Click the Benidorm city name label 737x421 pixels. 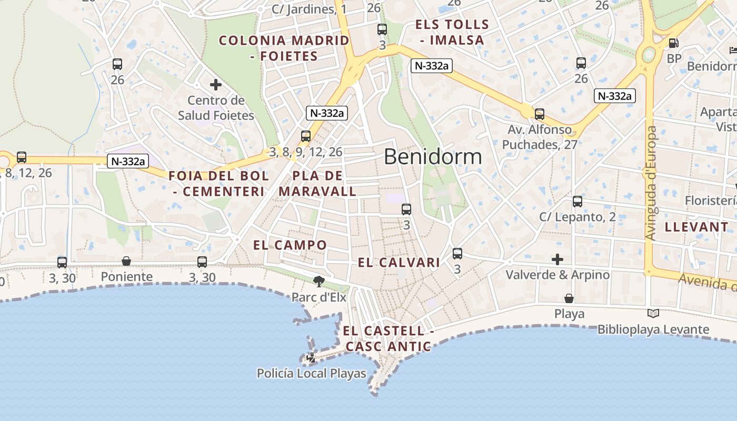pos(433,157)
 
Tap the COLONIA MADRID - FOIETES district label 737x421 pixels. pos(284,48)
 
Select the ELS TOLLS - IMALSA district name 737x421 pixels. pos(452,32)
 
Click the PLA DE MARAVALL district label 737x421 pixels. pos(317,184)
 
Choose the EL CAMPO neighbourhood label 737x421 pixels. pos(290,245)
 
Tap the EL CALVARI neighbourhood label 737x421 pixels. pos(399,263)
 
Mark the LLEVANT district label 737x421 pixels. pos(696,227)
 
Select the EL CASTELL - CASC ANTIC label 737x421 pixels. pos(389,339)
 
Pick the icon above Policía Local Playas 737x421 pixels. pos(311,358)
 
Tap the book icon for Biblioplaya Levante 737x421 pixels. pos(653,314)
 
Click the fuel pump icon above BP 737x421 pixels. pos(673,43)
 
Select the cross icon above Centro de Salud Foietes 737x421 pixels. pos(215,84)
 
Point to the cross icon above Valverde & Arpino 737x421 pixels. pos(557,259)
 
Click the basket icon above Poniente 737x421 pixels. pos(126,261)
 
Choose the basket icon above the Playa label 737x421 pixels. pos(569,298)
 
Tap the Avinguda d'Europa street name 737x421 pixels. pos(651,183)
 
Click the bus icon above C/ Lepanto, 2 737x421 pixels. pos(577,201)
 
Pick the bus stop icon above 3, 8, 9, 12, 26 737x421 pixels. pos(306,136)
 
